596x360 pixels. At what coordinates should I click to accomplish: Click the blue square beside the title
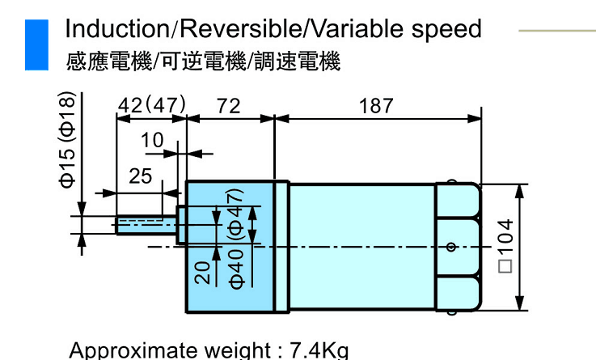[x=37, y=44]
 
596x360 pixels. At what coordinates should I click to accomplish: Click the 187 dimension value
[x=376, y=106]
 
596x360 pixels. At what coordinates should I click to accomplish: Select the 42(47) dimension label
[x=152, y=106]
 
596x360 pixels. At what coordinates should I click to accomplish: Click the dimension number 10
[x=152, y=141]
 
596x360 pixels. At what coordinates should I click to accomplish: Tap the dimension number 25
[x=140, y=176]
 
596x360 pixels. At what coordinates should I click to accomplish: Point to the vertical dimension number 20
[x=203, y=271]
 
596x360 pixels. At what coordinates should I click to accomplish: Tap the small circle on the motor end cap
[x=452, y=247]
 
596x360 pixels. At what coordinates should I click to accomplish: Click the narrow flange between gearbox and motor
[x=281, y=247]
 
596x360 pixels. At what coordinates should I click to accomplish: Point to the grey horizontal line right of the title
[x=556, y=31]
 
